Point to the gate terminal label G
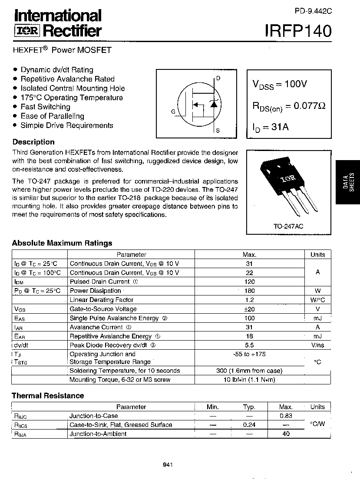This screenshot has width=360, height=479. [x=173, y=112]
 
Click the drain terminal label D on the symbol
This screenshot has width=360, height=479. [x=218, y=78]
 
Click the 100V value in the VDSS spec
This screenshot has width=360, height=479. [x=295, y=84]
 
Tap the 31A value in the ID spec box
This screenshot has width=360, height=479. [x=280, y=127]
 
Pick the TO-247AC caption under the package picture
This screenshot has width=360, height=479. [x=288, y=226]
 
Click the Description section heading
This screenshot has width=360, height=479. [x=33, y=142]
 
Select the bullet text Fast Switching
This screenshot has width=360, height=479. [x=45, y=107]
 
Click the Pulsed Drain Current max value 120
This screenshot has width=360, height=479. [x=250, y=282]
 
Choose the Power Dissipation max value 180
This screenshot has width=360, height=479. [x=250, y=291]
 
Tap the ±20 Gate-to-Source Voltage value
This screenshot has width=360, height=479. [x=250, y=309]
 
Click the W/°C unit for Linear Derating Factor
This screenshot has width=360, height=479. [x=317, y=300]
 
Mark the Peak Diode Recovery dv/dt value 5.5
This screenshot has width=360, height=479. [x=250, y=345]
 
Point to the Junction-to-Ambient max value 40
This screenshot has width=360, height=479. [x=286, y=434]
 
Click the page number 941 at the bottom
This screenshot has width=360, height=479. [x=168, y=465]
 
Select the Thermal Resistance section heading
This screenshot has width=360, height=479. [x=48, y=396]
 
